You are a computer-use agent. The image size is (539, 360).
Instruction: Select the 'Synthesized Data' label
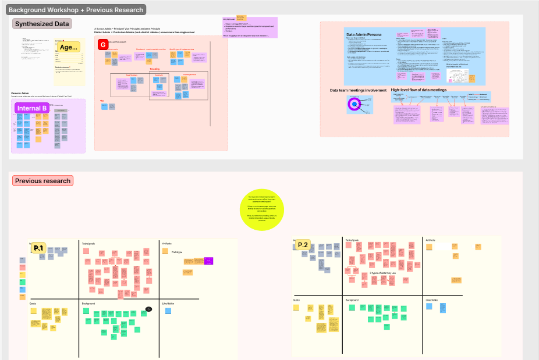click(x=42, y=24)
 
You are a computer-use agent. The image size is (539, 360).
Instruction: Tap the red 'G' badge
click(x=103, y=45)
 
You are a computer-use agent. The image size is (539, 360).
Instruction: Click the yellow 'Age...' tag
click(x=69, y=48)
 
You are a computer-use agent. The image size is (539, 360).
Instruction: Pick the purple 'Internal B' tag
click(x=32, y=108)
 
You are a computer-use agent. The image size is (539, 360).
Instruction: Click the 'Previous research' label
click(x=42, y=181)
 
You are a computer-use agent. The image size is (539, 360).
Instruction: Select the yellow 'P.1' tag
click(x=39, y=248)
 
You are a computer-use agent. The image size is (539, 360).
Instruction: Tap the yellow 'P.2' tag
click(x=303, y=245)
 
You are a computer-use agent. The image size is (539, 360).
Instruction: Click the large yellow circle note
click(x=262, y=209)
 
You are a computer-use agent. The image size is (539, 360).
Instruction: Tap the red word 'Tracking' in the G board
click(x=154, y=69)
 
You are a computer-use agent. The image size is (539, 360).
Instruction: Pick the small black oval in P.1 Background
click(x=149, y=309)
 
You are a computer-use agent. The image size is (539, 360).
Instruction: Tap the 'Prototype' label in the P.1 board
click(x=177, y=251)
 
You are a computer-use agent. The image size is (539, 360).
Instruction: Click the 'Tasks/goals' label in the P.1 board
click(x=89, y=243)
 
